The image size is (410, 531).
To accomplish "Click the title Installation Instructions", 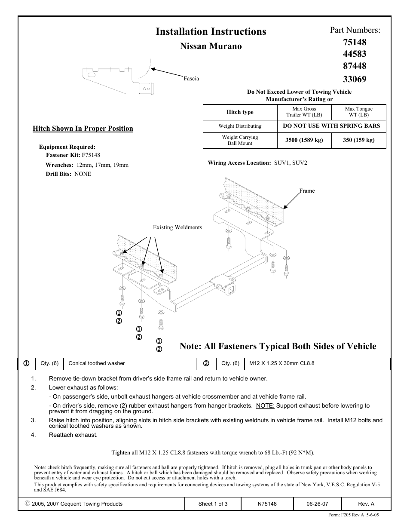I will [x=211, y=31].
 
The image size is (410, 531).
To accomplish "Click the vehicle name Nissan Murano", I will [x=211, y=46].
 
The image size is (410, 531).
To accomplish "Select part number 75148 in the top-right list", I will [x=355, y=42].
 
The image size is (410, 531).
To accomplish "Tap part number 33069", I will [x=355, y=79].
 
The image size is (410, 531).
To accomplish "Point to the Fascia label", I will [x=191, y=79].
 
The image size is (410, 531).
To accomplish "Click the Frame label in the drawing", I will [x=307, y=191].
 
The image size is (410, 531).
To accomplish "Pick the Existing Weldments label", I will [x=177, y=227].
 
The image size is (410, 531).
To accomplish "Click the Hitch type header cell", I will [x=240, y=112].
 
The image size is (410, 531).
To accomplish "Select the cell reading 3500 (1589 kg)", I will [x=304, y=140].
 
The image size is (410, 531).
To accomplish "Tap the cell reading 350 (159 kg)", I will [x=358, y=140].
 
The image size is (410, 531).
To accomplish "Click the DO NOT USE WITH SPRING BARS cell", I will [x=331, y=126].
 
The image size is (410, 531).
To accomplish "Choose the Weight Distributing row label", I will [x=240, y=126].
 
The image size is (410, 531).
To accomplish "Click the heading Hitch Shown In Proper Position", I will [x=83, y=129].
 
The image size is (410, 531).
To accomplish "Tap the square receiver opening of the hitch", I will [x=231, y=292].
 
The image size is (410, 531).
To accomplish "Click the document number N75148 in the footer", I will [x=266, y=504].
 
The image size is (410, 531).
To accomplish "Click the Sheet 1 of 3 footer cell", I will [x=213, y=504].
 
